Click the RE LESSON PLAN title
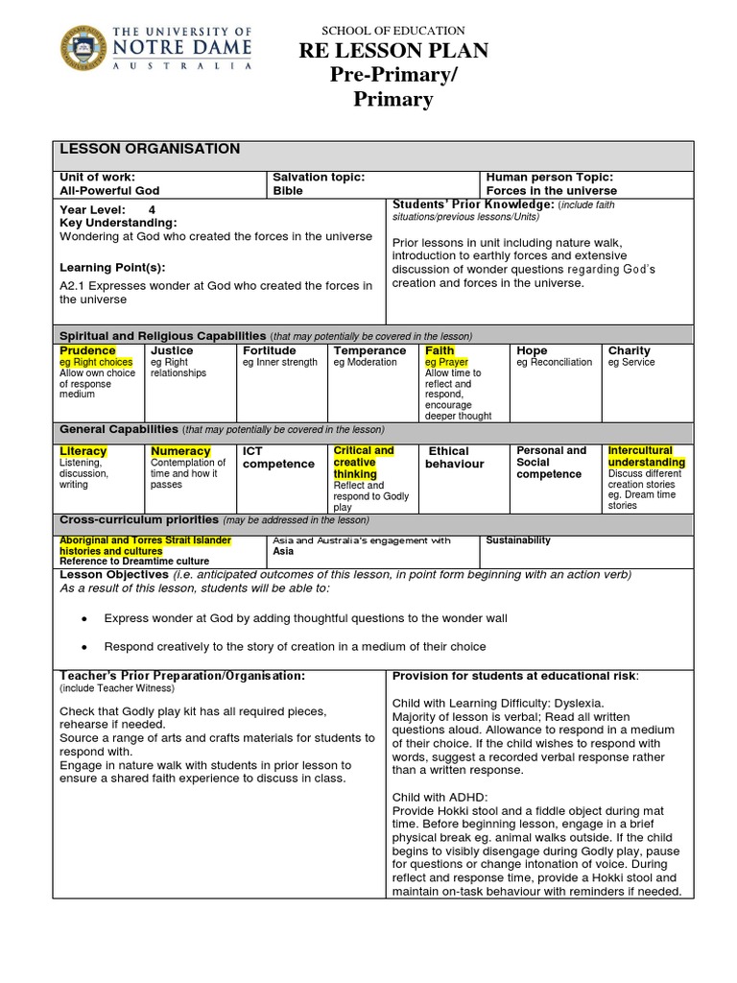[x=394, y=51]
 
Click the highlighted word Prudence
[x=87, y=351]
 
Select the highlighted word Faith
[x=440, y=351]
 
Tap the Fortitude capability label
[x=269, y=351]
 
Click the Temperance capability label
[x=369, y=351]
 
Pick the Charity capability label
[x=629, y=351]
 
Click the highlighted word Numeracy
[x=179, y=451]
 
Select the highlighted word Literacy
[x=83, y=451]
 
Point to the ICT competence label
[x=277, y=457]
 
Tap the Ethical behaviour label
[x=451, y=457]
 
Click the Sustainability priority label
[x=518, y=540]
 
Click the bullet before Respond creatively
[x=86, y=647]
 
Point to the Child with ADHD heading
[x=440, y=797]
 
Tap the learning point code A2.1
[x=74, y=286]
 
